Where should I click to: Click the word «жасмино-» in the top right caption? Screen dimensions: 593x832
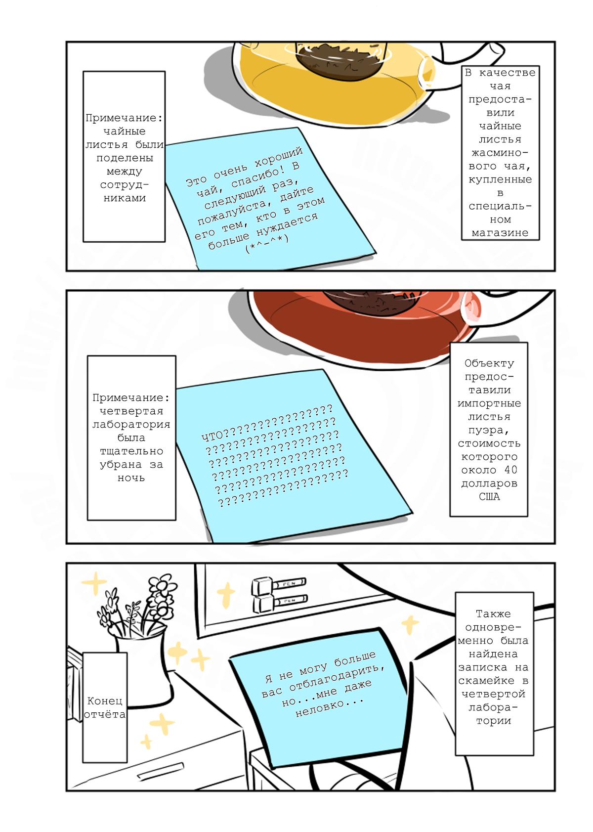coord(500,153)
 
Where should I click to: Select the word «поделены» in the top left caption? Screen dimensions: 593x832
coord(125,158)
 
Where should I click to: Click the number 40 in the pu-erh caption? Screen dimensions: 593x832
coord(510,470)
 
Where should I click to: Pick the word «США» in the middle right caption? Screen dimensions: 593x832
coord(489,497)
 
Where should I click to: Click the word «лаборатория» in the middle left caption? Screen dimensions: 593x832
coord(131,424)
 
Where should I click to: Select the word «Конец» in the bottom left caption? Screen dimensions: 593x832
coord(105,701)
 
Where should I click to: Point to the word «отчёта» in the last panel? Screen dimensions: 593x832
coord(105,714)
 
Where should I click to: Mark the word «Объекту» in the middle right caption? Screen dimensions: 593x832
coord(489,363)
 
